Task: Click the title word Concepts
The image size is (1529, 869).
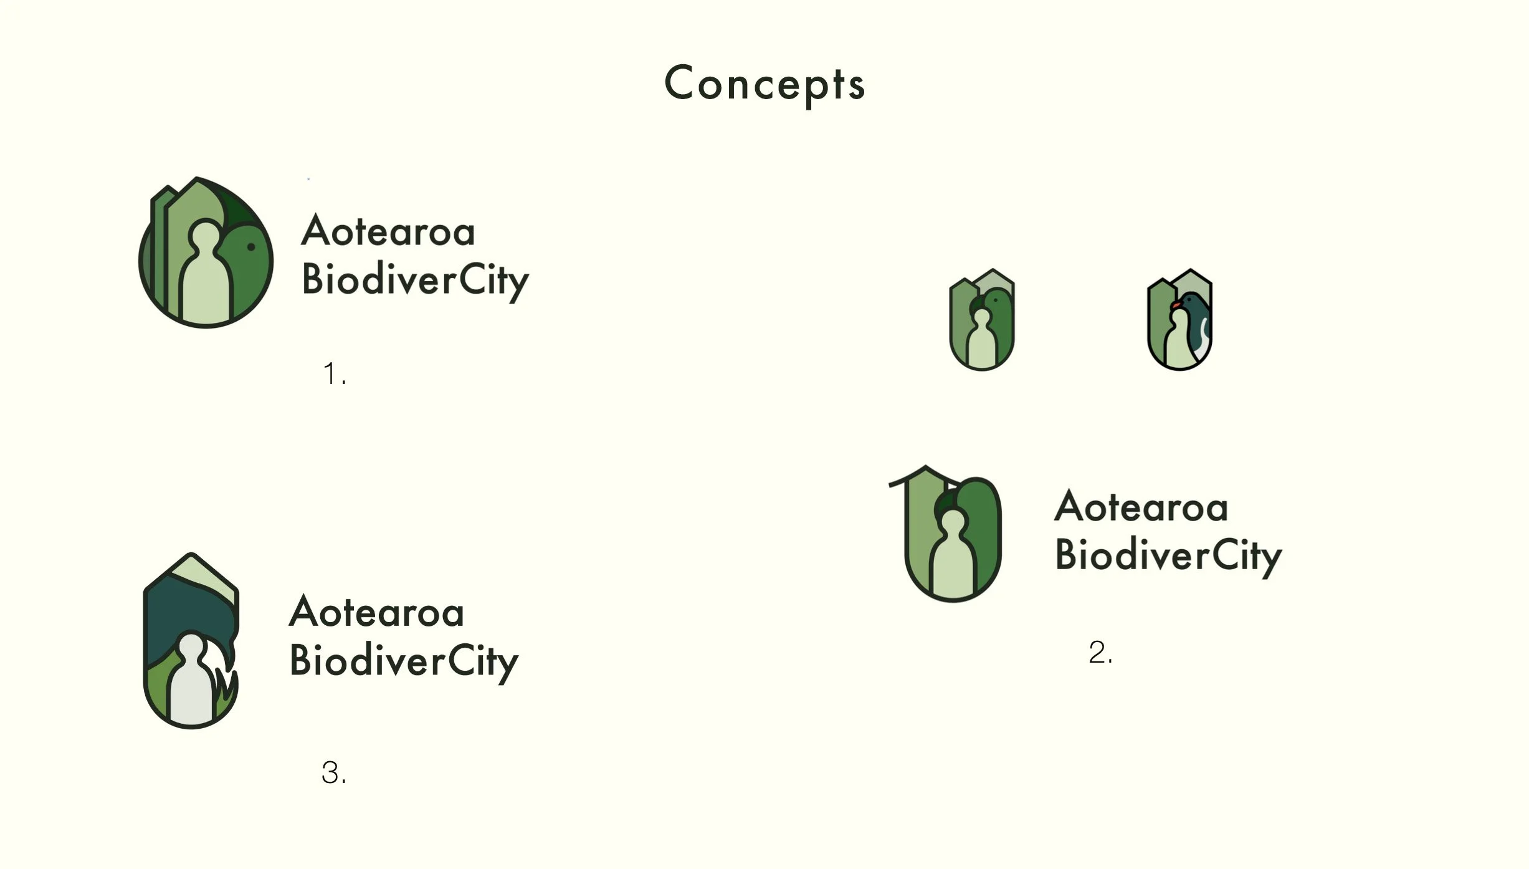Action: (764, 84)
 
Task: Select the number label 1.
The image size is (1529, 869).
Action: (334, 374)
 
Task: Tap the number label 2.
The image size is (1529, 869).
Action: (1100, 653)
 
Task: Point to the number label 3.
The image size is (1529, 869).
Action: (333, 773)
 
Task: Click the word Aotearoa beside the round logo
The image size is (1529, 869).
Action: (388, 231)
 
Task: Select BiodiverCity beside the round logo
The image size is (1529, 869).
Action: (415, 281)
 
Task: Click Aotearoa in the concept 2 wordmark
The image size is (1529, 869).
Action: (1141, 507)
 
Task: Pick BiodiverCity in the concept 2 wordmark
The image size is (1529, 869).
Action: (1168, 555)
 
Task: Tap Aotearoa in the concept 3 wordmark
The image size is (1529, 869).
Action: (377, 612)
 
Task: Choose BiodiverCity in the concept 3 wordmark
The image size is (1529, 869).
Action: (404, 661)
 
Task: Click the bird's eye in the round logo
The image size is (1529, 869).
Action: (251, 247)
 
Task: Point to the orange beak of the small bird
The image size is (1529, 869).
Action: (1176, 305)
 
